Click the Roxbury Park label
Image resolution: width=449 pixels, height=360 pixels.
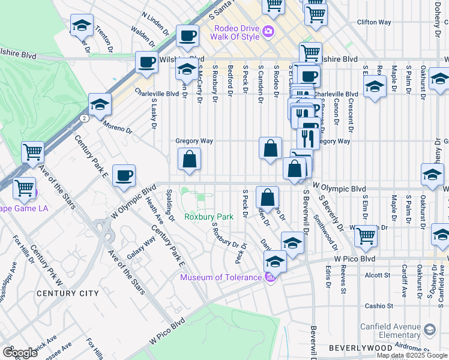click(x=208, y=217)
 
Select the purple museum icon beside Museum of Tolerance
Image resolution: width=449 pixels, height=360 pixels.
click(x=270, y=277)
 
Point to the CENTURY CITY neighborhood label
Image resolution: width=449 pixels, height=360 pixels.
click(x=67, y=293)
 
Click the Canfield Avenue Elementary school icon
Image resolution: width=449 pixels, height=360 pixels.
click(x=430, y=329)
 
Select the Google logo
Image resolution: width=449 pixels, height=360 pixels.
click(x=19, y=353)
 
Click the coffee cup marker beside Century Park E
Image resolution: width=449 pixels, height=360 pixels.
click(x=124, y=176)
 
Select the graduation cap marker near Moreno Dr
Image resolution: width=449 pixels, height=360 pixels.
click(x=100, y=105)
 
